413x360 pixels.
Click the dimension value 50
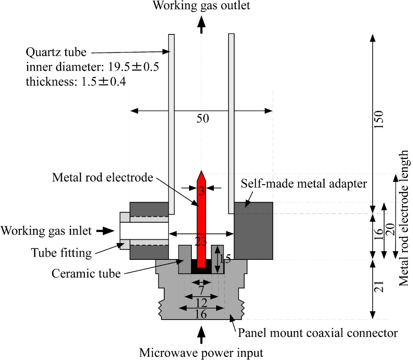(x=202, y=118)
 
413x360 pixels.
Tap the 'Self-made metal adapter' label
(x=303, y=184)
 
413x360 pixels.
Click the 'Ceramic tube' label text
(x=86, y=274)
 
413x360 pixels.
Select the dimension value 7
(x=201, y=290)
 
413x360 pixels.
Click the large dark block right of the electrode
(x=254, y=231)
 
